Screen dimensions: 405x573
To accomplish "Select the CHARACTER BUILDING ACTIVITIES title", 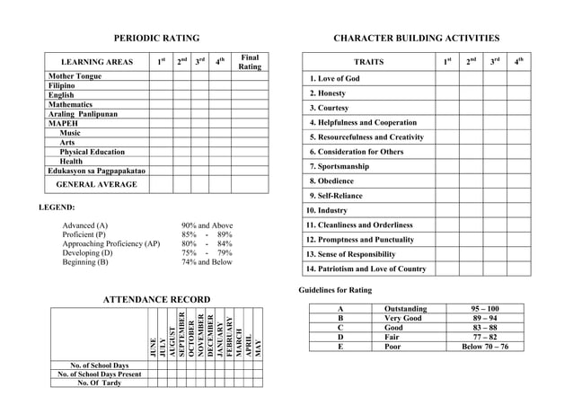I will point(416,39).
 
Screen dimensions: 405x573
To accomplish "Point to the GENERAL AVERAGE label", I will point(97,184).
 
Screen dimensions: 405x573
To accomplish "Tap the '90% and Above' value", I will point(207,225).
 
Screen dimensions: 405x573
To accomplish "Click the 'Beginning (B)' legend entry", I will point(85,262).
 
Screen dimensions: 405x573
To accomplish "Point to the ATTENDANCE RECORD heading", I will point(158,299).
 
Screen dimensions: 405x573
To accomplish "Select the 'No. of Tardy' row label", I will point(100,383).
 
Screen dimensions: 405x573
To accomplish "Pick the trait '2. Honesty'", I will point(328,93).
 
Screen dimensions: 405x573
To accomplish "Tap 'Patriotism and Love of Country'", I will point(366,269).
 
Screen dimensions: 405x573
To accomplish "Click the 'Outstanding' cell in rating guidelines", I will point(406,308).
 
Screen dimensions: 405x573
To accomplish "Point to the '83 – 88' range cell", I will point(485,327).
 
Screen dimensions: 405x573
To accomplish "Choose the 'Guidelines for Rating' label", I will point(335,290).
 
